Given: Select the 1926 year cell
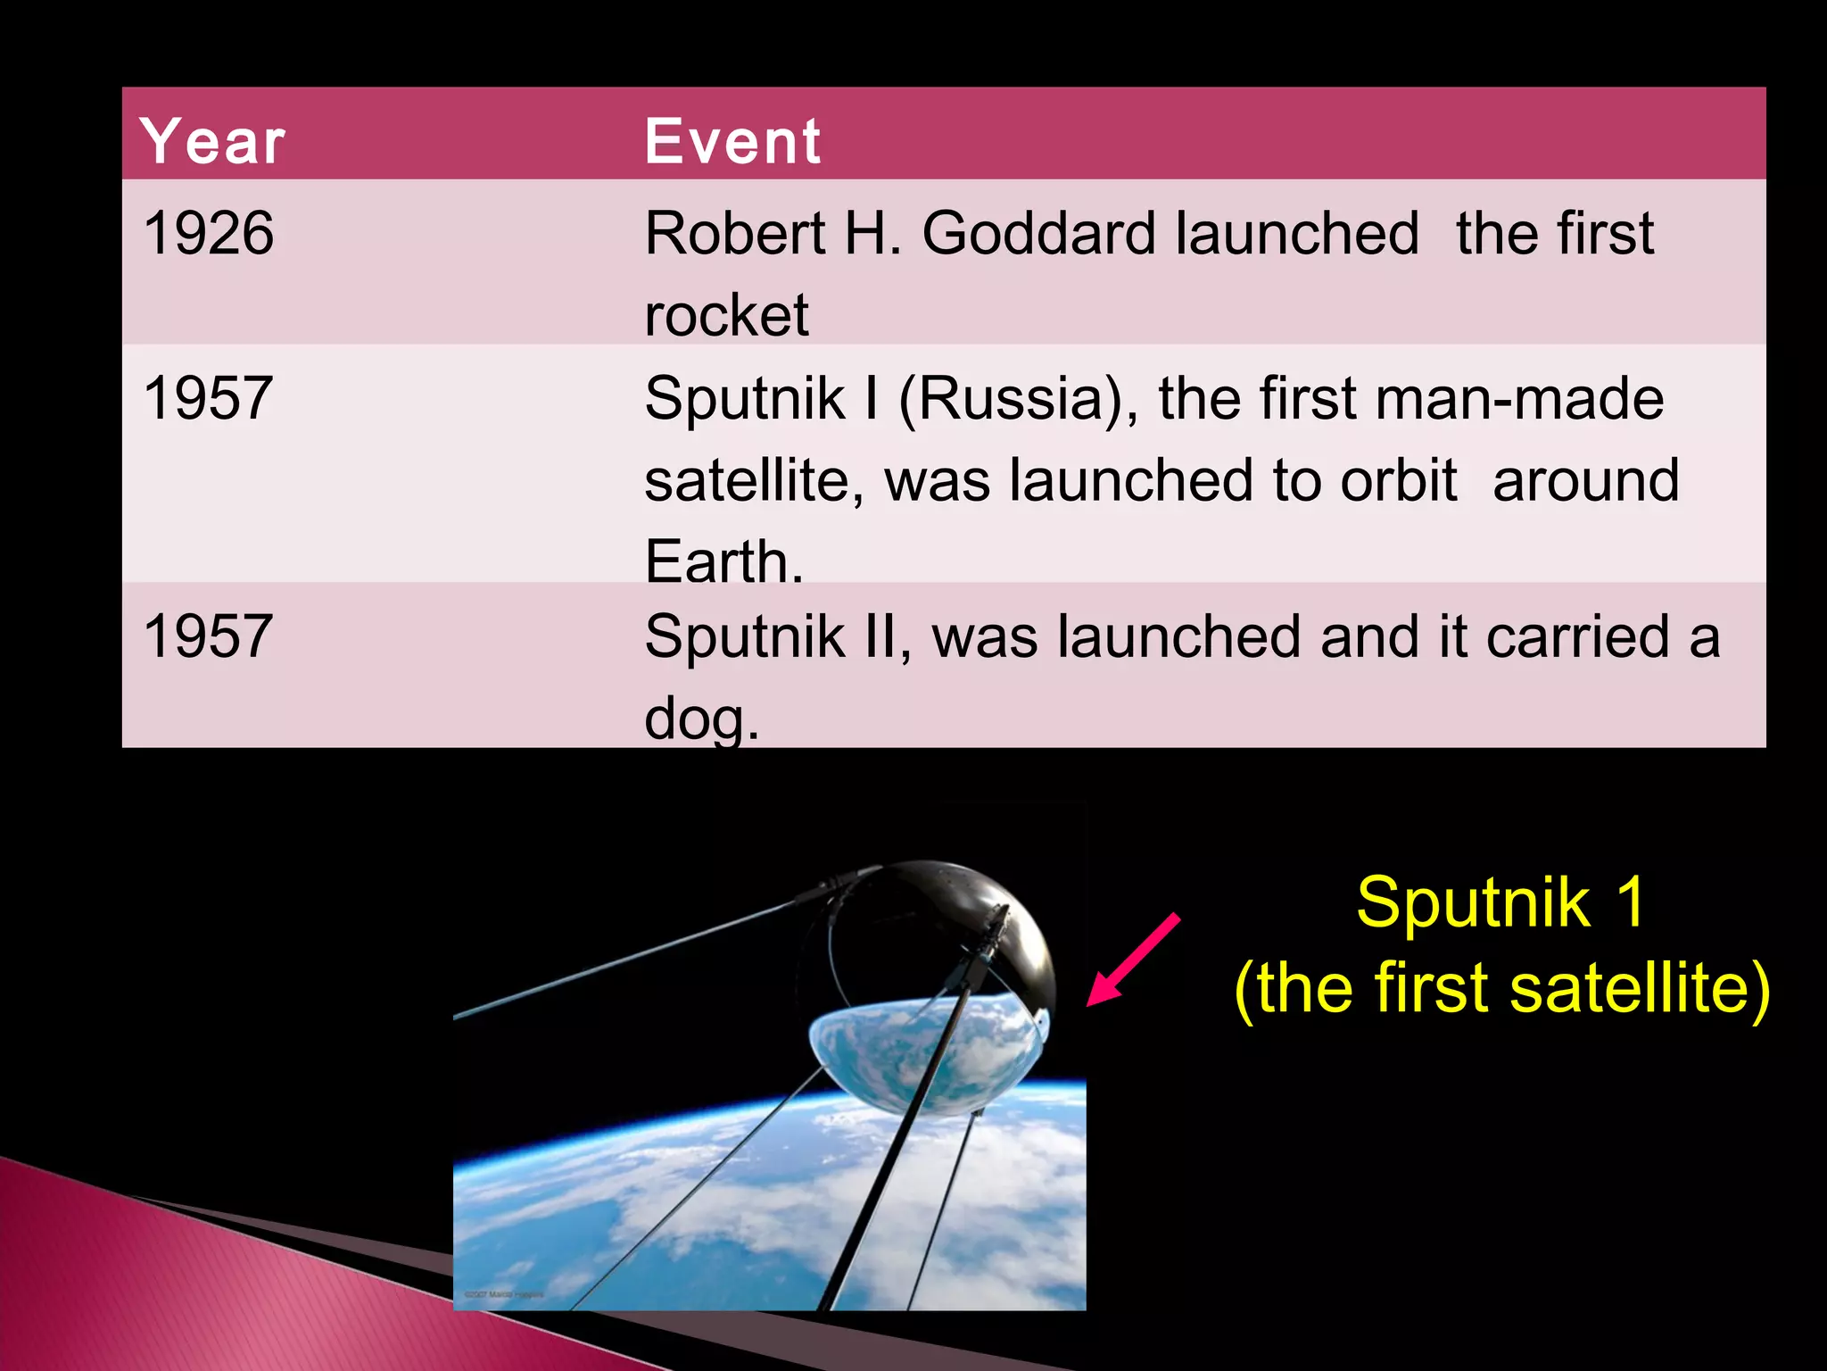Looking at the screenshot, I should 209,234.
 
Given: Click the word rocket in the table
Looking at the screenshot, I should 726,316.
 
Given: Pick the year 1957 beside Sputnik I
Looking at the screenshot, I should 208,398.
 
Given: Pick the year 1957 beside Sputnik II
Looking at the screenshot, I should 208,636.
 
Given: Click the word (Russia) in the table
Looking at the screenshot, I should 1018,398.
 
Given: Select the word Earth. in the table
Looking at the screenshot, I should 723,561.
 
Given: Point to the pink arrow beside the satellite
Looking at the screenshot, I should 1133,960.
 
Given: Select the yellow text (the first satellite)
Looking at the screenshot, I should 1501,988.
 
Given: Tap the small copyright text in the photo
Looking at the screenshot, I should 504,1293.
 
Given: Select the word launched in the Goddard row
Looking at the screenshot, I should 1296,234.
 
